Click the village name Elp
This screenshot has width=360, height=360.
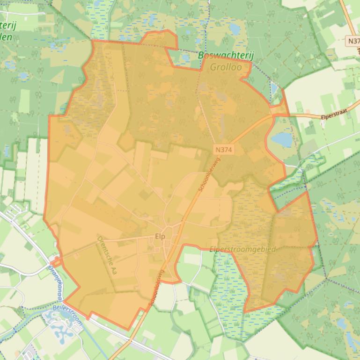click(160, 237)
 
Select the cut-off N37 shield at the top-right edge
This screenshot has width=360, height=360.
click(353, 41)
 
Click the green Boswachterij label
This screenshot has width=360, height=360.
click(226, 56)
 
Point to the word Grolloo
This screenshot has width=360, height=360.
click(226, 67)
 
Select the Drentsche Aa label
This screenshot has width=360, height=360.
click(106, 256)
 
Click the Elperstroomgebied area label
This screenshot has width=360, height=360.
click(242, 249)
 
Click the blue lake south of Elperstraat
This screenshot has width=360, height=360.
click(282, 139)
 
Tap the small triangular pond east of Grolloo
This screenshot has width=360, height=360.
click(274, 89)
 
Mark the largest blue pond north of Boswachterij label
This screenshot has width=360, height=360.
click(235, 29)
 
